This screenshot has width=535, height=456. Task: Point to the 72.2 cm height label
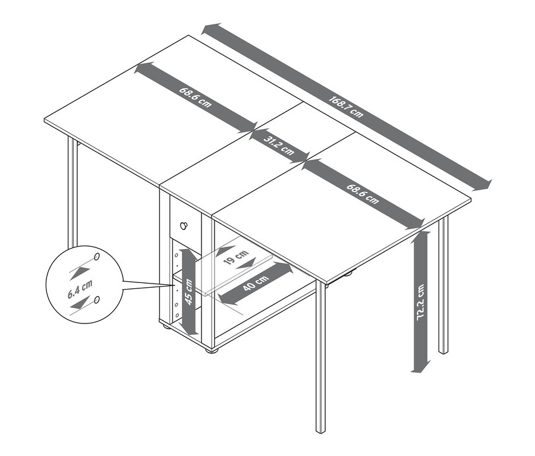[x=421, y=303]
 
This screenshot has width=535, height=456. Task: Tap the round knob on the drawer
[x=185, y=225]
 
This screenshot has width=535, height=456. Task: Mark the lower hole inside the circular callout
[x=97, y=299]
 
